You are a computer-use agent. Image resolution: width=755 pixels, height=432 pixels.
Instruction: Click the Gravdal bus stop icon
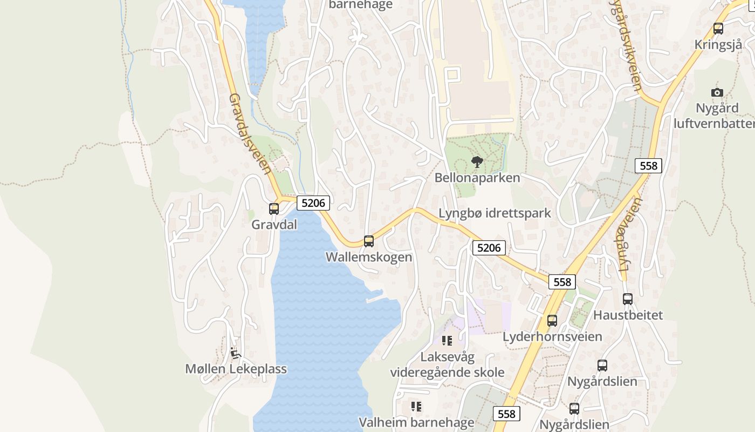(274, 208)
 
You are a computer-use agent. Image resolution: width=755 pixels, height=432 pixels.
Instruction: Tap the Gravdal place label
(274, 225)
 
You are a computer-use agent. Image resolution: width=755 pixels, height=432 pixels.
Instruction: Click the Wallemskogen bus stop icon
(369, 241)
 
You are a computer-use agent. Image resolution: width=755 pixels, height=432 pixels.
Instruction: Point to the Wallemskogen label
(369, 257)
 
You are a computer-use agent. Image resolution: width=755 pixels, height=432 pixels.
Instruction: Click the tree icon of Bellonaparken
(477, 161)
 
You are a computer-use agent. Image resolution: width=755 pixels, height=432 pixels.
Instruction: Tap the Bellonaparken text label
(477, 178)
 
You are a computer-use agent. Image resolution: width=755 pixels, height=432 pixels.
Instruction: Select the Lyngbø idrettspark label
(495, 213)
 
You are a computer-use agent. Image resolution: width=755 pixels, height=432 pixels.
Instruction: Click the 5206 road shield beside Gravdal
(313, 203)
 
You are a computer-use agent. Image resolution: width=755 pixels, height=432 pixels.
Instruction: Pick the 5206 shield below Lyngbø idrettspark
(489, 248)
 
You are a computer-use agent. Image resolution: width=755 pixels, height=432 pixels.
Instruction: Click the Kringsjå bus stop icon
(718, 29)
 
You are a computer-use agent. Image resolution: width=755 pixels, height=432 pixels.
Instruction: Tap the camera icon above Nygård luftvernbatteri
(717, 92)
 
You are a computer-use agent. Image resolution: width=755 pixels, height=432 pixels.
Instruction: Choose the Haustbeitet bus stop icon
(628, 299)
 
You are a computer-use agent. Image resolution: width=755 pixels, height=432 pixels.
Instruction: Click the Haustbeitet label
(628, 315)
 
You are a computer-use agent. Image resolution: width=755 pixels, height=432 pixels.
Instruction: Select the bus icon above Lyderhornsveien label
(552, 320)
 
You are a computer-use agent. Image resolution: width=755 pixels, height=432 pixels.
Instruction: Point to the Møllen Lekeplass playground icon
(235, 353)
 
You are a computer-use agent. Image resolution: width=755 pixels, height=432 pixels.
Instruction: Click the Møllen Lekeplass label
(236, 369)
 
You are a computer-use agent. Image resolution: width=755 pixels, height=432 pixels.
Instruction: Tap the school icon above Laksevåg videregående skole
(447, 340)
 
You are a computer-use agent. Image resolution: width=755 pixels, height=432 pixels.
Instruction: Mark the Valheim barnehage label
(416, 422)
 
